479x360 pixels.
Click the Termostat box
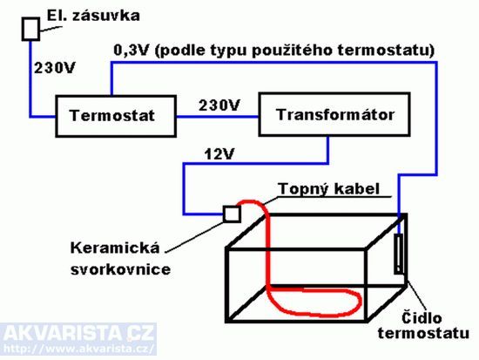[116, 116]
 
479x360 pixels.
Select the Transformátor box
[334, 114]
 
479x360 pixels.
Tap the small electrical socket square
[30, 29]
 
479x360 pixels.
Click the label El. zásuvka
[93, 16]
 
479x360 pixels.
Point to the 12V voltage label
[219, 154]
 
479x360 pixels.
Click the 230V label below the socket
[54, 68]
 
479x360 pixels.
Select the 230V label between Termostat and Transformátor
[219, 105]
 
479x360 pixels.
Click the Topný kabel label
[329, 189]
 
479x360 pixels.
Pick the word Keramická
[115, 248]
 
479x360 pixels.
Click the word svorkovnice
[120, 269]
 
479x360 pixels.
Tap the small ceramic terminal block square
[232, 214]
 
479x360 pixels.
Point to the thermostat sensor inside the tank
[399, 254]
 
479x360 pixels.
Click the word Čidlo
[422, 318]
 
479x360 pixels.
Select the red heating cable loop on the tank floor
[314, 302]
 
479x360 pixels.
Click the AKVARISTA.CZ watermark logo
[78, 333]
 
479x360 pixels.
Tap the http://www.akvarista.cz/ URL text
[78, 349]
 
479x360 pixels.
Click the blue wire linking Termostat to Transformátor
[218, 117]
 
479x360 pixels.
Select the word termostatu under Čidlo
[423, 333]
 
